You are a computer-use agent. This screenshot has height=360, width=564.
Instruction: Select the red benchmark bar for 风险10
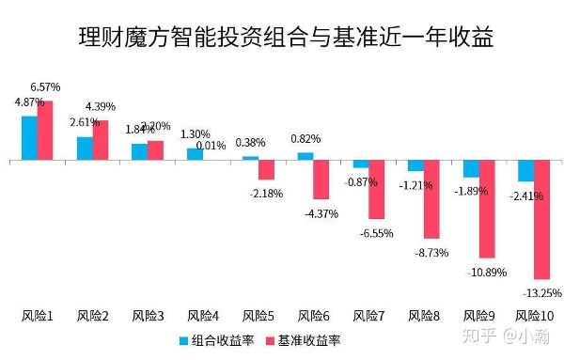coord(541,220)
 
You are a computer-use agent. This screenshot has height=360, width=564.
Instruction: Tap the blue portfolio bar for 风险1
coord(29,138)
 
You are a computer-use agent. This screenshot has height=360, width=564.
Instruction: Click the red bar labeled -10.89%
coord(486,209)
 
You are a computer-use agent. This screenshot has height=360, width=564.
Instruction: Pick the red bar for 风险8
coord(431,199)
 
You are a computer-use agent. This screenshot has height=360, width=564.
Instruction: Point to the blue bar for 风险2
coord(85,149)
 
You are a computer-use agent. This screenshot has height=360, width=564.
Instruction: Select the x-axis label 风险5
coord(258,316)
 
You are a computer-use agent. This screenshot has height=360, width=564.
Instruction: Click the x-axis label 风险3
coord(149,316)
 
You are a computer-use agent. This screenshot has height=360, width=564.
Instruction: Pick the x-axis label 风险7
coord(368,316)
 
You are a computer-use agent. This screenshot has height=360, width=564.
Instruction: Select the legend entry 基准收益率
coord(305,340)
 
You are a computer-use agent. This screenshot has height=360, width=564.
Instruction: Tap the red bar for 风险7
coord(376,190)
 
